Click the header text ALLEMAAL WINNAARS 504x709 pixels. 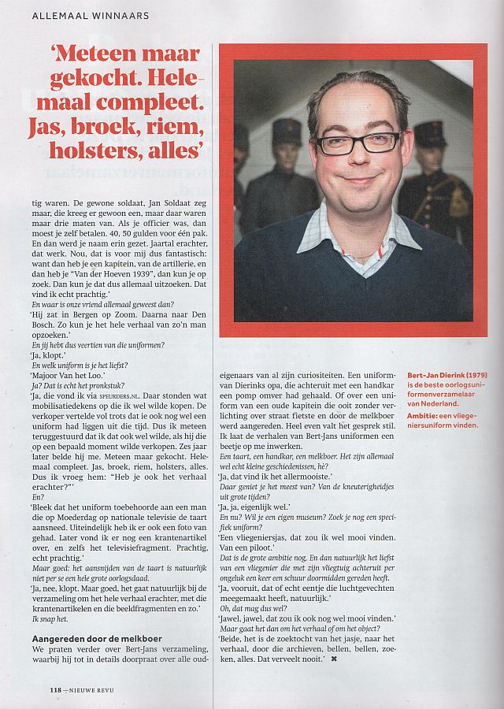point(90,15)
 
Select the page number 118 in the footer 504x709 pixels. point(50,690)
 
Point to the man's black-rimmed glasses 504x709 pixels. point(358,143)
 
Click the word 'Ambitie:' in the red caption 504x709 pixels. point(423,413)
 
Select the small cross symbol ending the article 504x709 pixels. point(334,659)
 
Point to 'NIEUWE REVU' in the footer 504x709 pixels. point(93,690)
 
